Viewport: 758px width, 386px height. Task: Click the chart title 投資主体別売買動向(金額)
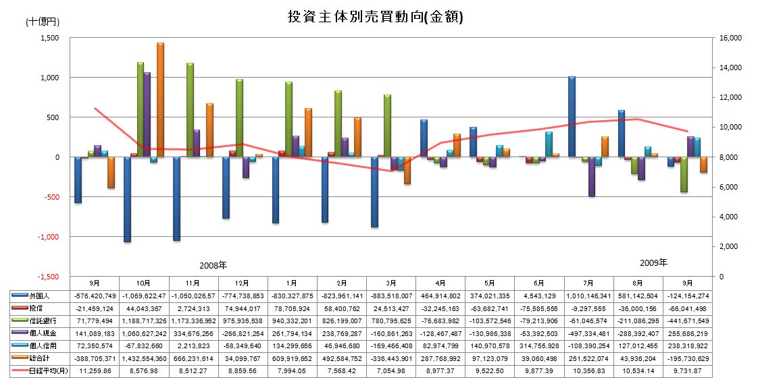[x=375, y=18]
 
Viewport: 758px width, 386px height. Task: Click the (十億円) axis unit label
[x=43, y=22]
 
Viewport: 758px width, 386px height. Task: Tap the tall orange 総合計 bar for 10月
[x=160, y=100]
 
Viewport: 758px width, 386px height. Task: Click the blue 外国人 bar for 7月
[x=572, y=117]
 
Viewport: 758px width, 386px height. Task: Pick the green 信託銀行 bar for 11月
[x=190, y=110]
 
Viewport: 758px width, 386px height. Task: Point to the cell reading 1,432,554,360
[x=143, y=358]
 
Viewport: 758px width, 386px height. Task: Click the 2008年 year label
[x=213, y=265]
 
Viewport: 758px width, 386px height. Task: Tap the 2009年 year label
[x=653, y=263]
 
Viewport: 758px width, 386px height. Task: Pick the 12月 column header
[x=243, y=282]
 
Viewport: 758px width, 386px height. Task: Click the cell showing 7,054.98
[x=391, y=371]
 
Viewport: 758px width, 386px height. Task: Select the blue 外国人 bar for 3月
[x=374, y=192]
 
